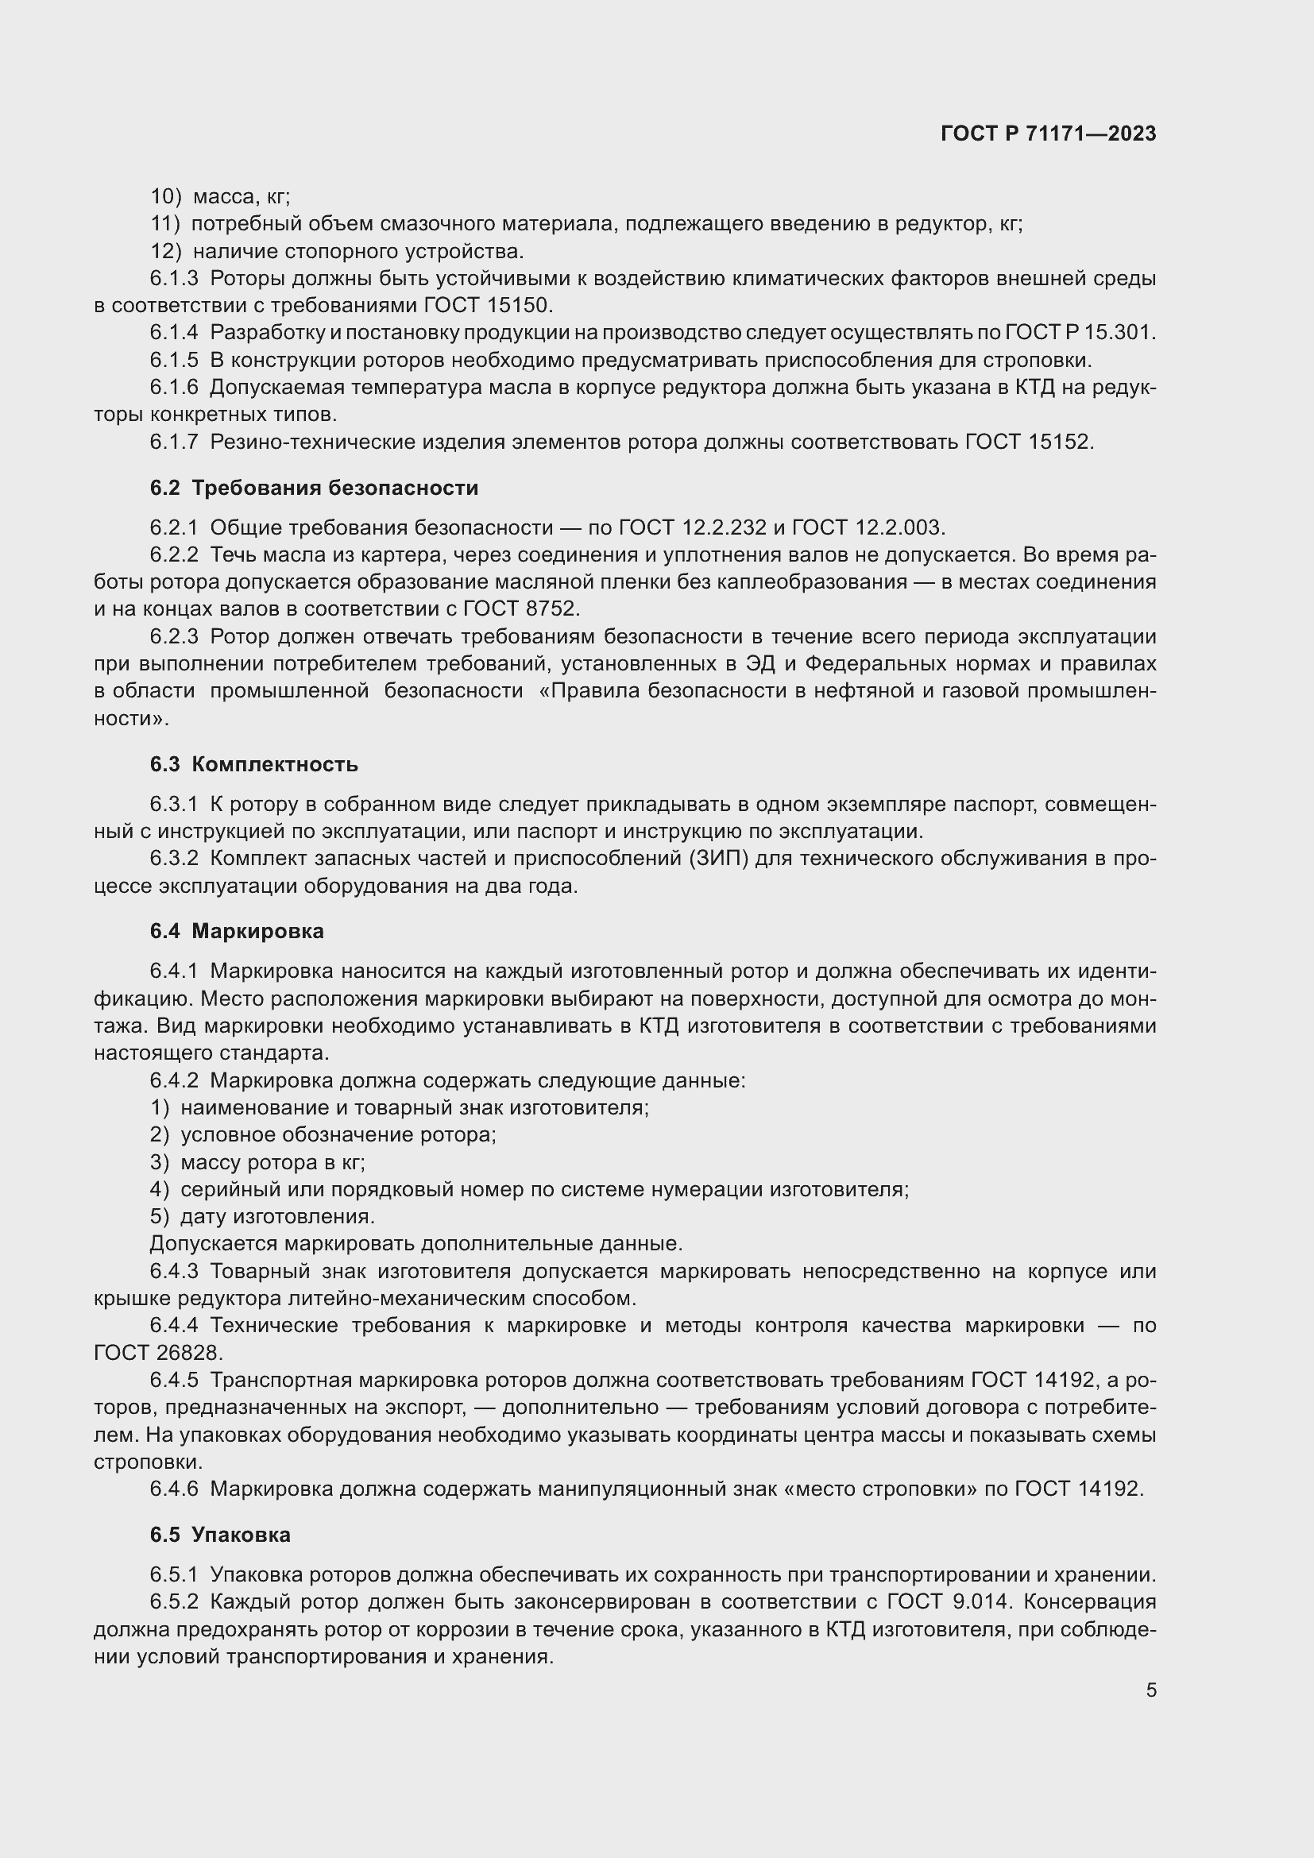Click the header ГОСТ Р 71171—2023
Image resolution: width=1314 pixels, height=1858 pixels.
[x=1048, y=134]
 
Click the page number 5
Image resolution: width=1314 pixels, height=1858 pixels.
[x=1150, y=1690]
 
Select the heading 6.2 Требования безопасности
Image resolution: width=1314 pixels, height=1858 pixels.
[x=314, y=488]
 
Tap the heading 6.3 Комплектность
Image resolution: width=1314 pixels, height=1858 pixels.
[x=253, y=765]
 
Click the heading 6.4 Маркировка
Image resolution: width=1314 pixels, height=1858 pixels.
[x=236, y=932]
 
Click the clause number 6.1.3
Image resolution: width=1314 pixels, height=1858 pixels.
[x=174, y=279]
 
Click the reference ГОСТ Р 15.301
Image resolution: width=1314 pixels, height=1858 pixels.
[x=1080, y=333]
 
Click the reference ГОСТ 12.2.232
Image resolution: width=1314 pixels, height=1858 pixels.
[x=692, y=528]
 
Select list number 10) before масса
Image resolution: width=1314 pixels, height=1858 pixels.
[x=166, y=197]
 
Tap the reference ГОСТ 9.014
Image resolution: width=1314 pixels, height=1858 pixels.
[x=942, y=1602]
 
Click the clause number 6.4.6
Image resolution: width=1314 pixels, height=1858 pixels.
[x=174, y=1489]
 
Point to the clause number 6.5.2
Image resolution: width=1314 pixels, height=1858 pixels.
[x=174, y=1602]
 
